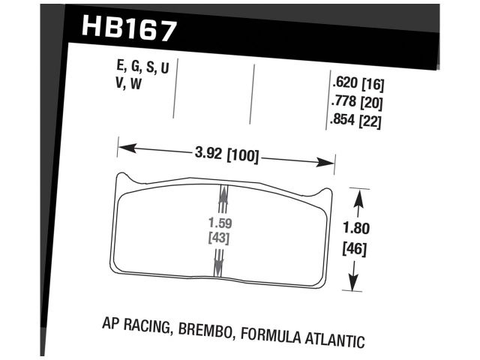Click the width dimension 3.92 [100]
click(226, 157)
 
